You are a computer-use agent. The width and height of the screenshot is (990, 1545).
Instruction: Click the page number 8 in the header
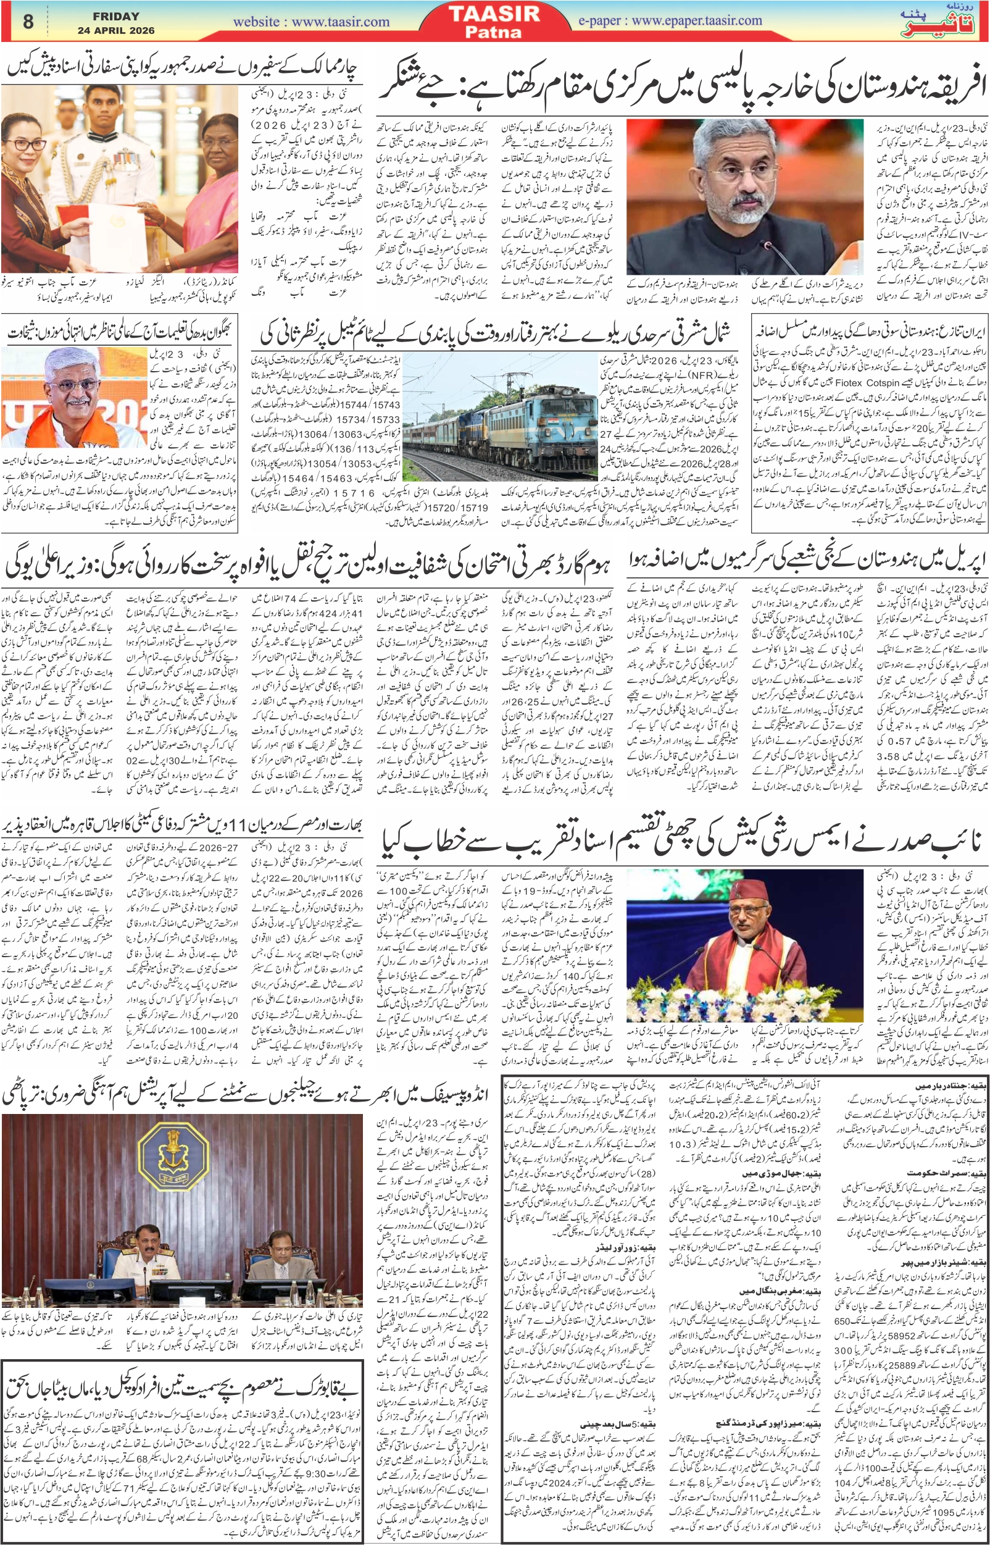[x=28, y=21]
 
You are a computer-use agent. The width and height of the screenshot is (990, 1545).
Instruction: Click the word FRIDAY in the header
[x=115, y=16]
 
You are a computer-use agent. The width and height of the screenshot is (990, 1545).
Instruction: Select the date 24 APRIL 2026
[x=115, y=30]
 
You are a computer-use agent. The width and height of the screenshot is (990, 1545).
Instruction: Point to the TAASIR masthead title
[x=494, y=14]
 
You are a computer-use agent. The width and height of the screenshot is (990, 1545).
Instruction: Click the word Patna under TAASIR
[x=494, y=31]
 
